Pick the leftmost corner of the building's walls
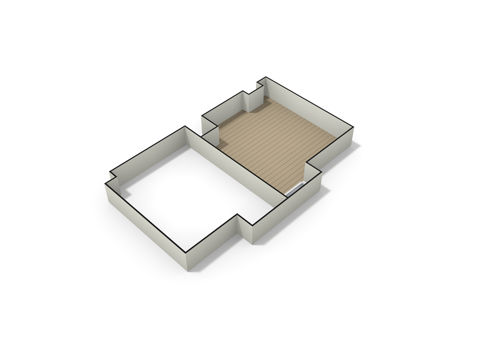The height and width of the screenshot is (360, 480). tap(105, 184)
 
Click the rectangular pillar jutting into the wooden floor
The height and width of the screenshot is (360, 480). tap(253, 101)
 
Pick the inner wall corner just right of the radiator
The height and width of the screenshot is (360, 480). tap(306, 181)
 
